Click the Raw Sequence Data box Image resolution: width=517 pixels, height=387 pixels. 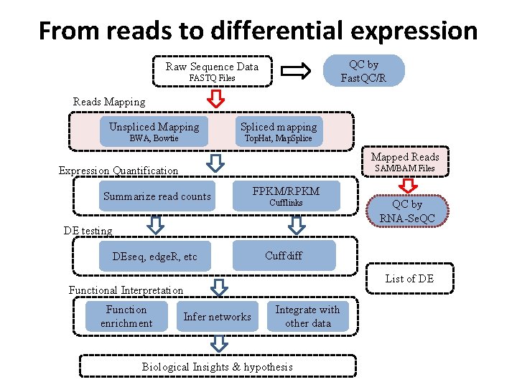click(x=212, y=72)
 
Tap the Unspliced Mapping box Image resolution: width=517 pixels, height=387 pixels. click(x=154, y=132)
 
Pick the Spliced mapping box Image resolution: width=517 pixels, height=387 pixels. click(x=279, y=132)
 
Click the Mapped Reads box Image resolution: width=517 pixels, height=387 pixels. click(x=405, y=161)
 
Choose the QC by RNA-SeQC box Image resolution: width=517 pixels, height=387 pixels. click(x=407, y=211)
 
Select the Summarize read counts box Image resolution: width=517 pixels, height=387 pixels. click(x=157, y=196)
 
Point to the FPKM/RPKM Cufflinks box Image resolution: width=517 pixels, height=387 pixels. click(x=286, y=196)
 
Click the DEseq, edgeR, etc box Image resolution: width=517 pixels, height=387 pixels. click(x=155, y=257)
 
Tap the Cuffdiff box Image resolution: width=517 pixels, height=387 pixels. click(x=284, y=255)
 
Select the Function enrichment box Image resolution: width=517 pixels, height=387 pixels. click(x=126, y=316)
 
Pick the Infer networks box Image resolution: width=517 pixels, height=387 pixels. click(x=217, y=317)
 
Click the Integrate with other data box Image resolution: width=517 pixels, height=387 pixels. click(x=307, y=316)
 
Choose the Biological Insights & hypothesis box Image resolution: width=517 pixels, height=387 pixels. click(x=218, y=367)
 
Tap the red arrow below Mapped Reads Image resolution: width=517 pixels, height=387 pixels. click(x=406, y=186)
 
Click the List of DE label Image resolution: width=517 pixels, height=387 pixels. click(x=409, y=278)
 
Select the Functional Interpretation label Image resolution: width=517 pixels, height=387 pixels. click(x=126, y=290)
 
